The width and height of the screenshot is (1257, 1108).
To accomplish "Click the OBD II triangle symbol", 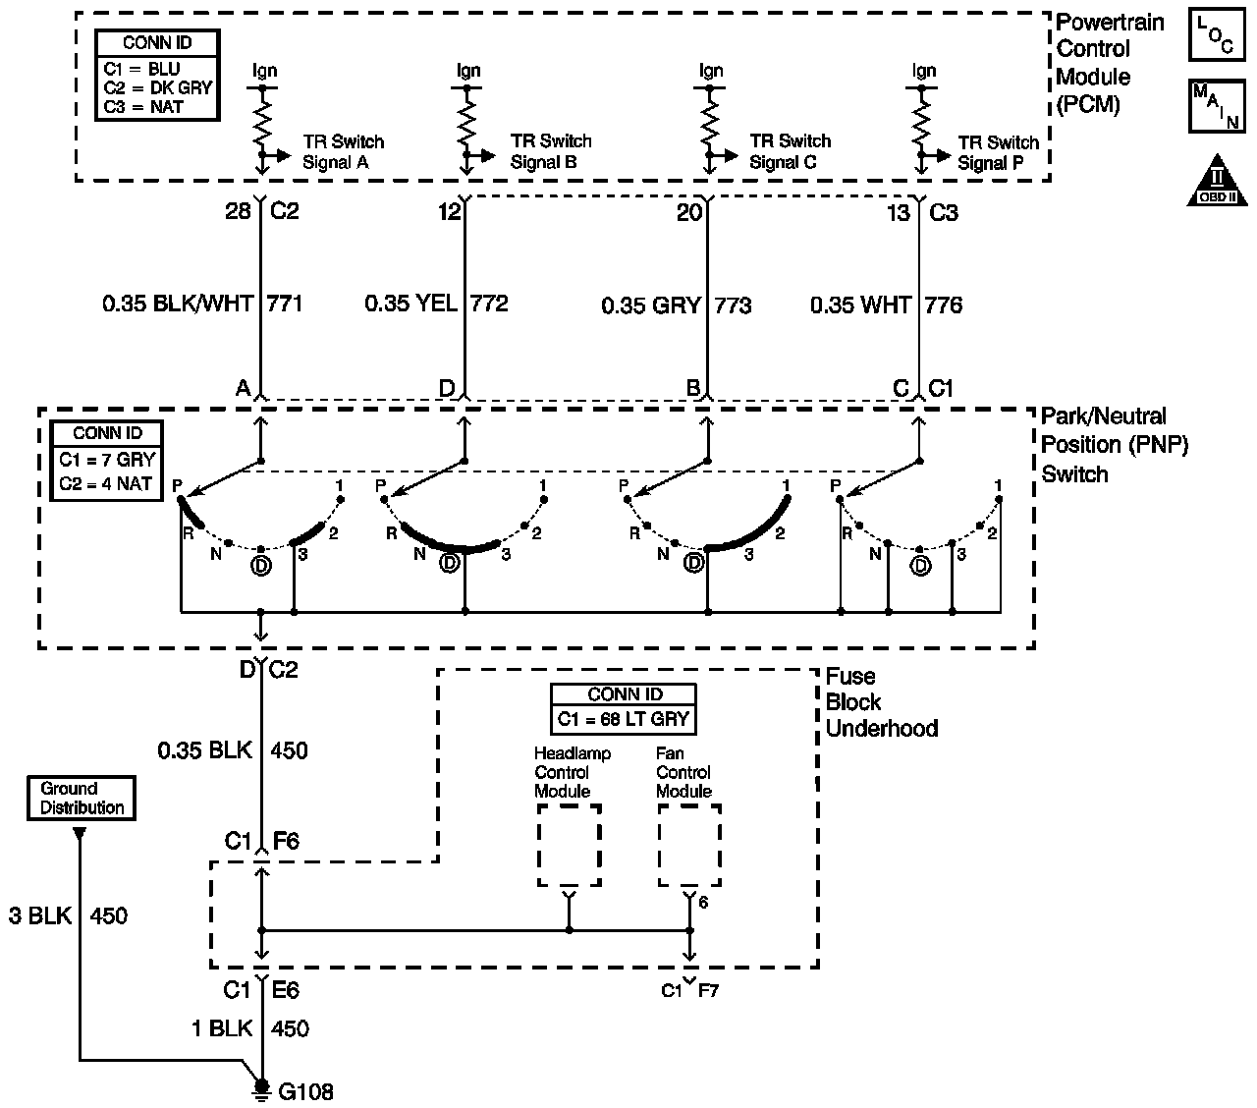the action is pos(1217,182).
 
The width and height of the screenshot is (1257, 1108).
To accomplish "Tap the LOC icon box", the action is pos(1217,34).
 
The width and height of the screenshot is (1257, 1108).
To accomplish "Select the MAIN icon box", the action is pos(1217,105).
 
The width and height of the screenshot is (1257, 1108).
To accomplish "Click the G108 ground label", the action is pos(305,1091).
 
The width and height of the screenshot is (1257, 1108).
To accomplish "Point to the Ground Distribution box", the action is pos(82,798).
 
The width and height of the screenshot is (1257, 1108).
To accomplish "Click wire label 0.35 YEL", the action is pos(410,304).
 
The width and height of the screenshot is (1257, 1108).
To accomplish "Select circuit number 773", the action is pos(733,305).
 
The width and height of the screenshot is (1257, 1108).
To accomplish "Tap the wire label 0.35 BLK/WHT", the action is pos(178,304).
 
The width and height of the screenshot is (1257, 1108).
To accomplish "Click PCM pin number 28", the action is pos(238,211).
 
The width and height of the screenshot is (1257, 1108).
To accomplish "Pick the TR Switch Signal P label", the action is pos(998,152).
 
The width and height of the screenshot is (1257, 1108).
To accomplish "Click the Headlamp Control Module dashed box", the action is pos(569,845).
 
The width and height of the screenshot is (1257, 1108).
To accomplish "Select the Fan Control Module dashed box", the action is pos(689,845).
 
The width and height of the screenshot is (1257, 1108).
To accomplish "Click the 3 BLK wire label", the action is pos(40,915).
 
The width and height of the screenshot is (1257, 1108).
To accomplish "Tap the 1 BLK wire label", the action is pos(222,1028).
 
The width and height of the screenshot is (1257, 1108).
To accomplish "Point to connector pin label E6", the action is pos(286,990).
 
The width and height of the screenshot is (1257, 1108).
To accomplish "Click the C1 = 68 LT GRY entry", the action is pos(623,719).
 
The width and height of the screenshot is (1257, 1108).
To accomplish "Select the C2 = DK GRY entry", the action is pos(158,87).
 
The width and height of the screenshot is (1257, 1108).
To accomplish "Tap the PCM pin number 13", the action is pos(899,213).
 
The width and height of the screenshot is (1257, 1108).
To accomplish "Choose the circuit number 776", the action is pos(944,305).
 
